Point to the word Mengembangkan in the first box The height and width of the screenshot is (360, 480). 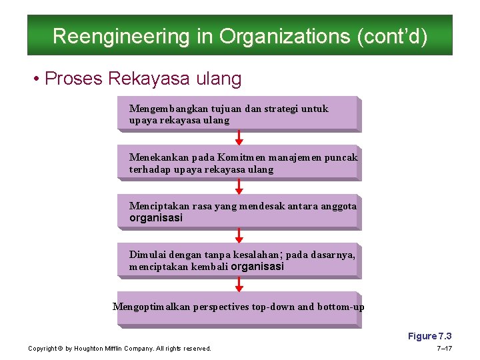pos(167,109)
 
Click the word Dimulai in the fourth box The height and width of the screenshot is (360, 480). pos(147,255)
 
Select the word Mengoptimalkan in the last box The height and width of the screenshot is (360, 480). pos(151,307)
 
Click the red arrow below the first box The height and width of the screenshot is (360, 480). pos(239,137)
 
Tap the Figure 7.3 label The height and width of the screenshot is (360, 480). pos(429,336)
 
